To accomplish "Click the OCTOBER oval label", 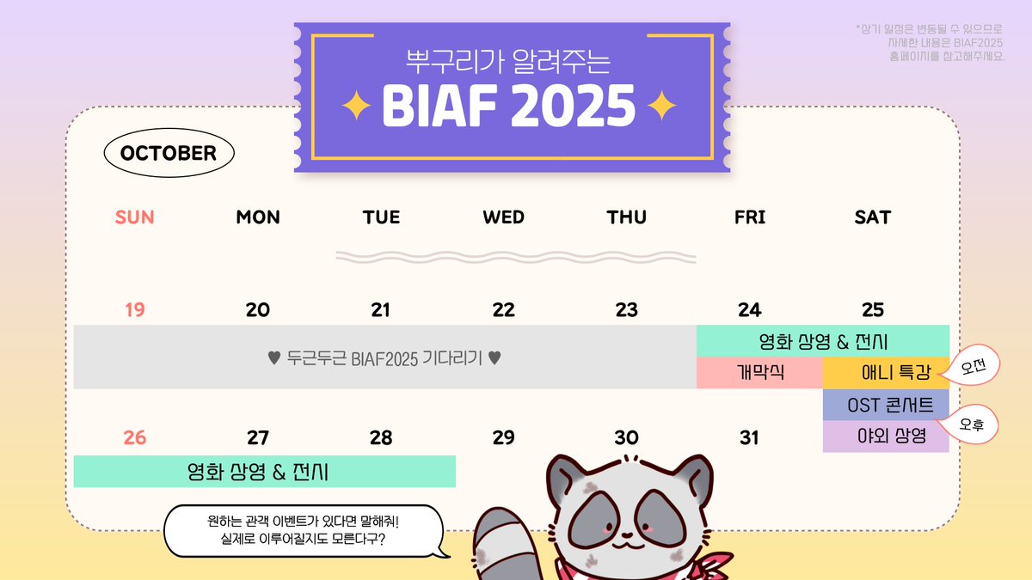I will click(169, 154).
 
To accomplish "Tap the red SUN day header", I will click(135, 217).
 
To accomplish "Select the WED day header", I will click(503, 217).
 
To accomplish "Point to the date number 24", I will click(749, 310).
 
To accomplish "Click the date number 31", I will click(749, 438).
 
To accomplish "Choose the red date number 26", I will click(135, 438).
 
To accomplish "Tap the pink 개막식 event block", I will click(759, 373).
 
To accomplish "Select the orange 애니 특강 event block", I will click(886, 373).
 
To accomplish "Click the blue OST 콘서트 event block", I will click(886, 405).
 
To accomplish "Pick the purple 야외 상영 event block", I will click(886, 437).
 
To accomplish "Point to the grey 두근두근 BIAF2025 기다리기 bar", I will click(384, 357).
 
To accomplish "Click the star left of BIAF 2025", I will click(356, 106).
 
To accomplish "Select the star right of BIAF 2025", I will click(660, 106).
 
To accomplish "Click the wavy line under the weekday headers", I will click(516, 257).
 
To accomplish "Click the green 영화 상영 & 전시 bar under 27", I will click(264, 472).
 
